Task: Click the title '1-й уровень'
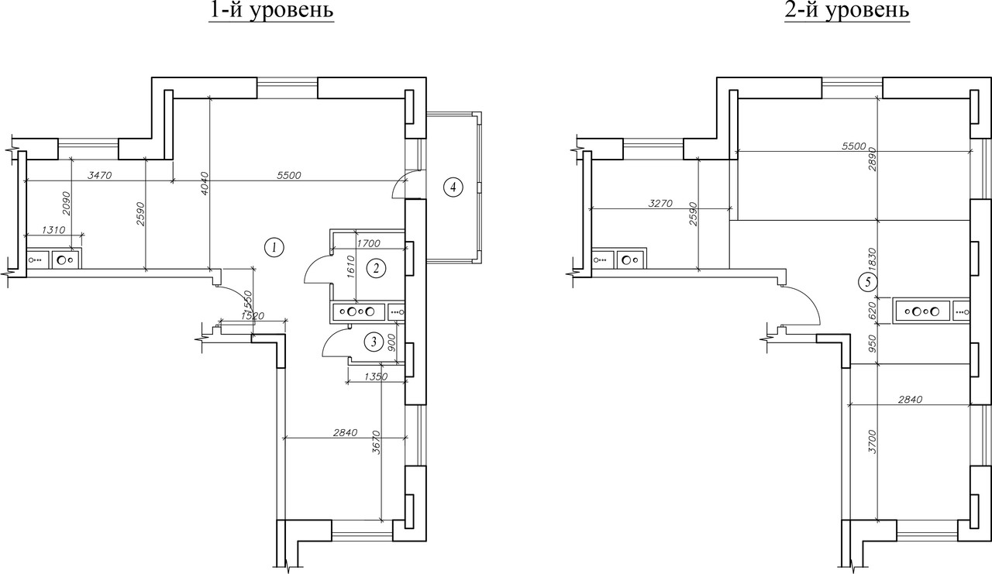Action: click(271, 10)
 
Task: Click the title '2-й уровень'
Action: click(847, 10)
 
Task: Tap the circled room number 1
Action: click(274, 247)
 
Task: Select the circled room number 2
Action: click(377, 268)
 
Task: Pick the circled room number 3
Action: click(374, 342)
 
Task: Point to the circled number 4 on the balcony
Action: click(453, 187)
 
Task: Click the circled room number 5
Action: click(867, 281)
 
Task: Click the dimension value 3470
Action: click(100, 175)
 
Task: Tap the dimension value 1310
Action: click(53, 230)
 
